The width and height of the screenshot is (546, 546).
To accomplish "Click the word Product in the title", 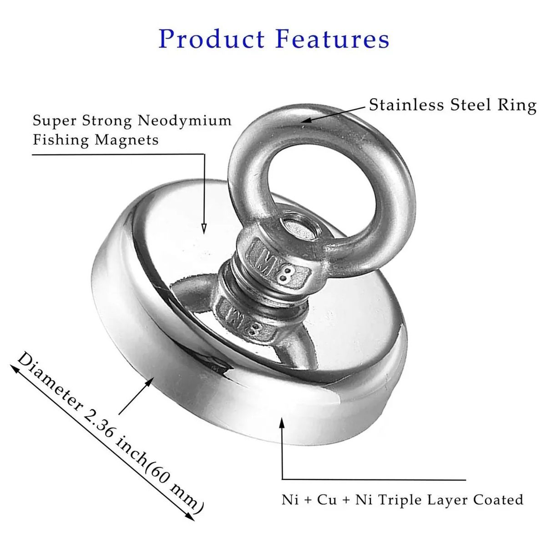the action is pos(212,39).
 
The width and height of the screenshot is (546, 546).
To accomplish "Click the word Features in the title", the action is pos(333,39).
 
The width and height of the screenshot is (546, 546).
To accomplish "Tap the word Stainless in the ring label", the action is pos(407,105).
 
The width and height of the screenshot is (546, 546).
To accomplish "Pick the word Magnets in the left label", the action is pos(126,140).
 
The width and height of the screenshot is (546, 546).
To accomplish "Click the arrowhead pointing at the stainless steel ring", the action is pos(306,120).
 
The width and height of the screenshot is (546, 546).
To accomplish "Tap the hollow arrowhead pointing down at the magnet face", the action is pos(204,228).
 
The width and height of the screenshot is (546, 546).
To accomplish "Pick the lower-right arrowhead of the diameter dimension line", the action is pos(191,517).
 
